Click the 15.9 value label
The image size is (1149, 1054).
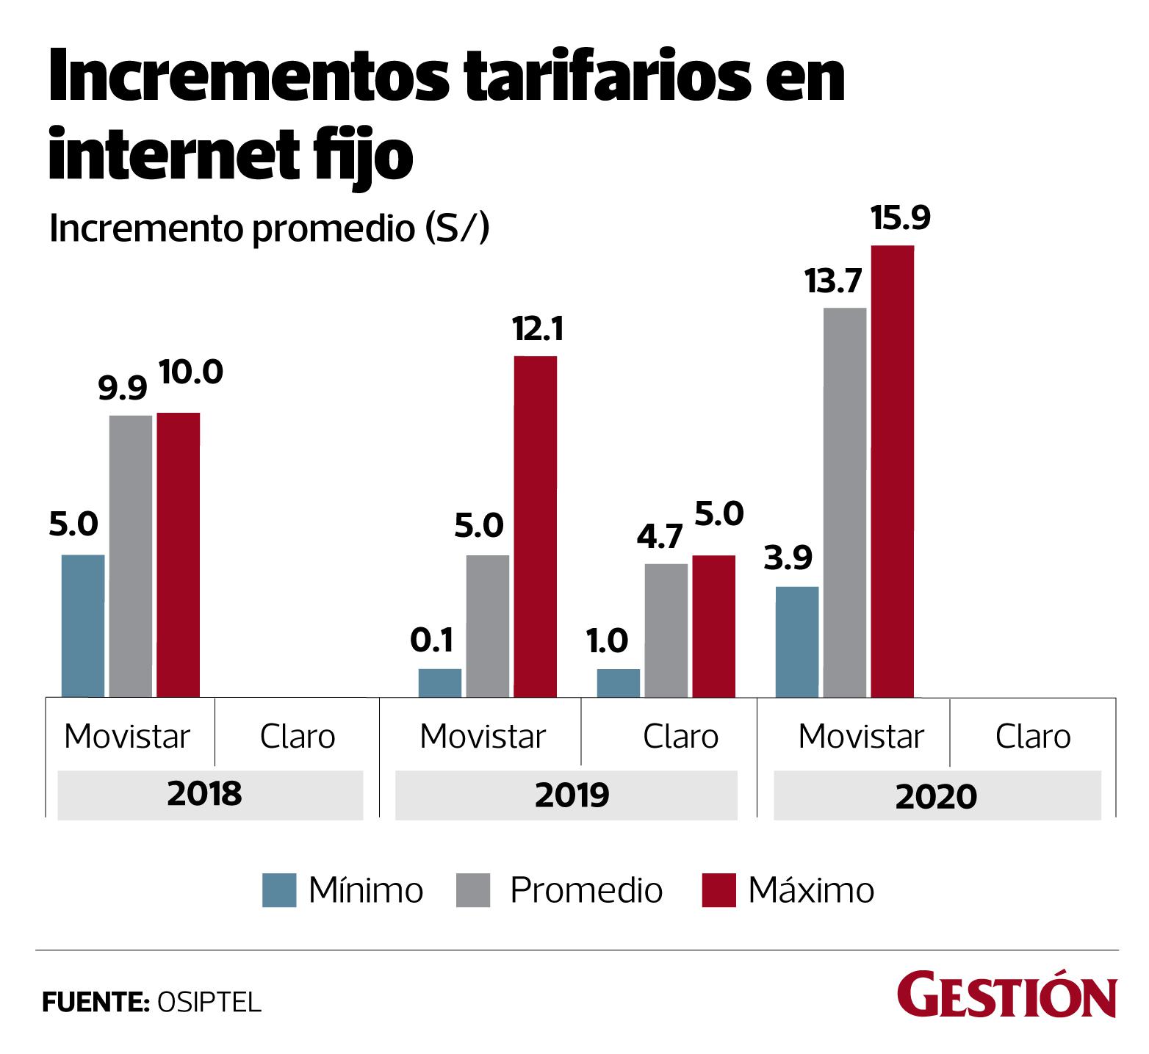900,218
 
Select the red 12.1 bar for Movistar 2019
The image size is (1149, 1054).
535,526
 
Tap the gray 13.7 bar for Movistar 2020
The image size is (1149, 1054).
845,502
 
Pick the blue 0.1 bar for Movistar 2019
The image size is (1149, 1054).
440,682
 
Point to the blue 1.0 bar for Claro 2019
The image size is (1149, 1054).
618,682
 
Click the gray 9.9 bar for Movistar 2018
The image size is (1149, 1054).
131,555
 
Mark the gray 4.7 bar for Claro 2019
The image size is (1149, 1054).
666,630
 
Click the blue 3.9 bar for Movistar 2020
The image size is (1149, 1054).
797,641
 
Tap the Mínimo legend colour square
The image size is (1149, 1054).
279,890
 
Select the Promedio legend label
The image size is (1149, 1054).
586,890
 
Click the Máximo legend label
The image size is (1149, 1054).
811,890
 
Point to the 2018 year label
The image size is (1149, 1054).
204,795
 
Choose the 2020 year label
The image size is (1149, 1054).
936,796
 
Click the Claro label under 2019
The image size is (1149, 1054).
680,737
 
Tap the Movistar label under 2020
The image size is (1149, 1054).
861,737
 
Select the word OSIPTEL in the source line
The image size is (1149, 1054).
209,1003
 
